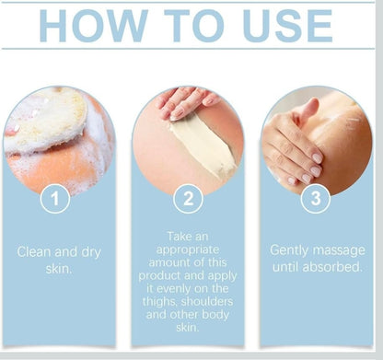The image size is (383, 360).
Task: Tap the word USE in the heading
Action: [287, 26]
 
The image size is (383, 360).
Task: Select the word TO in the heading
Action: [193, 26]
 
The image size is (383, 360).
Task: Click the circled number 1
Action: [55, 198]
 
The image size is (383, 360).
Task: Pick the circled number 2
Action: [188, 198]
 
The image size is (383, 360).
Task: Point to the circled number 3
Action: [316, 198]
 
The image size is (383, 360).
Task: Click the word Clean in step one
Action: [34, 252]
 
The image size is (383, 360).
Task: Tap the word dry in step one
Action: [91, 252]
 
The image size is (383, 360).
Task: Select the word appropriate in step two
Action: [188, 250]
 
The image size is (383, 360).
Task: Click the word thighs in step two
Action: [160, 302]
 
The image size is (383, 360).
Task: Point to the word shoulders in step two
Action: [207, 301]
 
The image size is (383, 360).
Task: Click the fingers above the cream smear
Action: [186, 103]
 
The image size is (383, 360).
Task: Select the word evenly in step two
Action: [179, 289]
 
